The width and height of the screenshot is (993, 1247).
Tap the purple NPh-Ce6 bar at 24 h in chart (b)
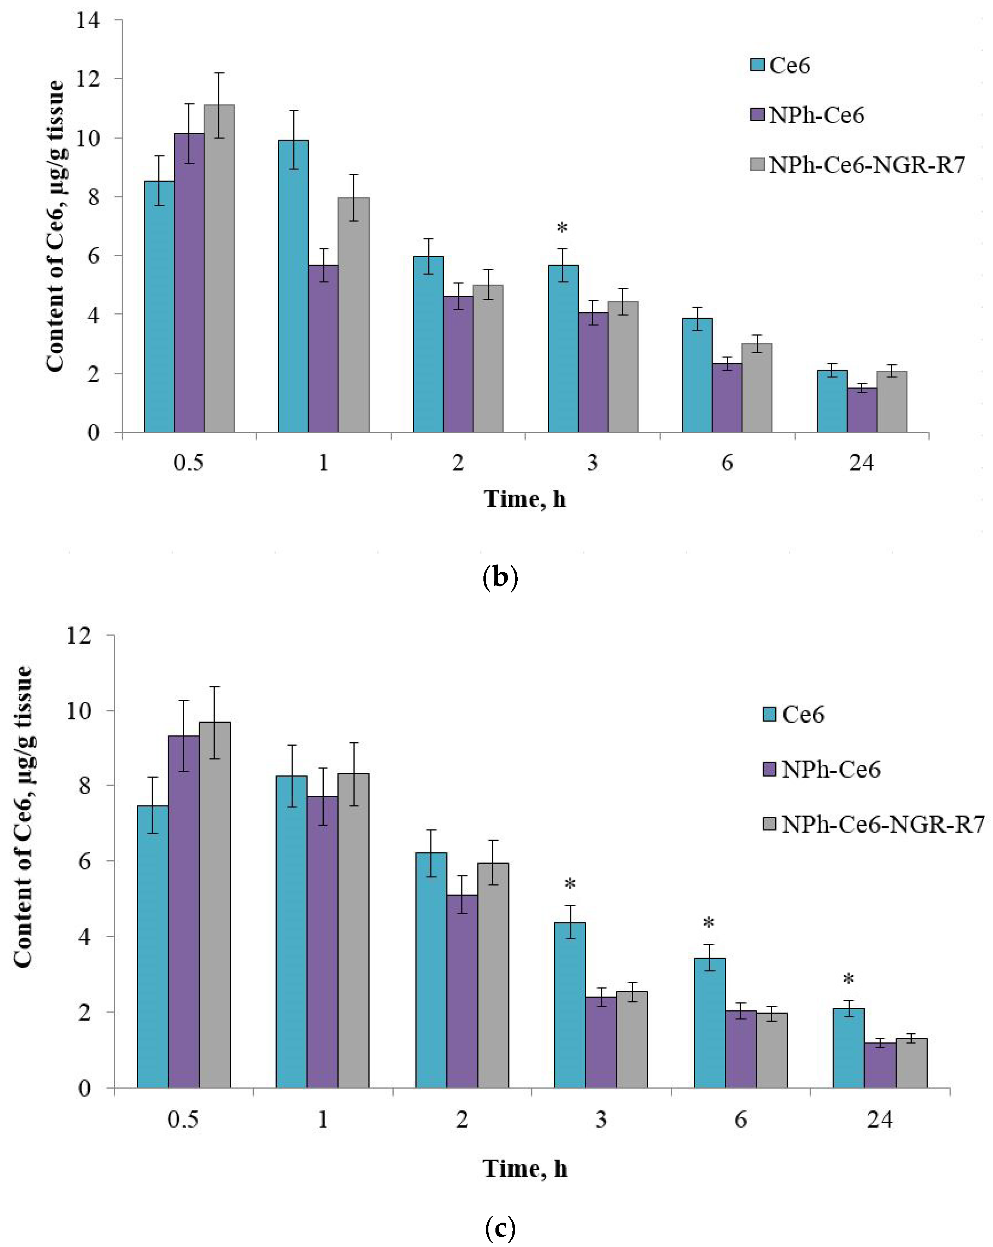coord(862,410)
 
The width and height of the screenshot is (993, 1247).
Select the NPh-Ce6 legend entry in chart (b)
coord(807,116)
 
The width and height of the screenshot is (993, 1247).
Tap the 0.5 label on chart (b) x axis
coord(189,463)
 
